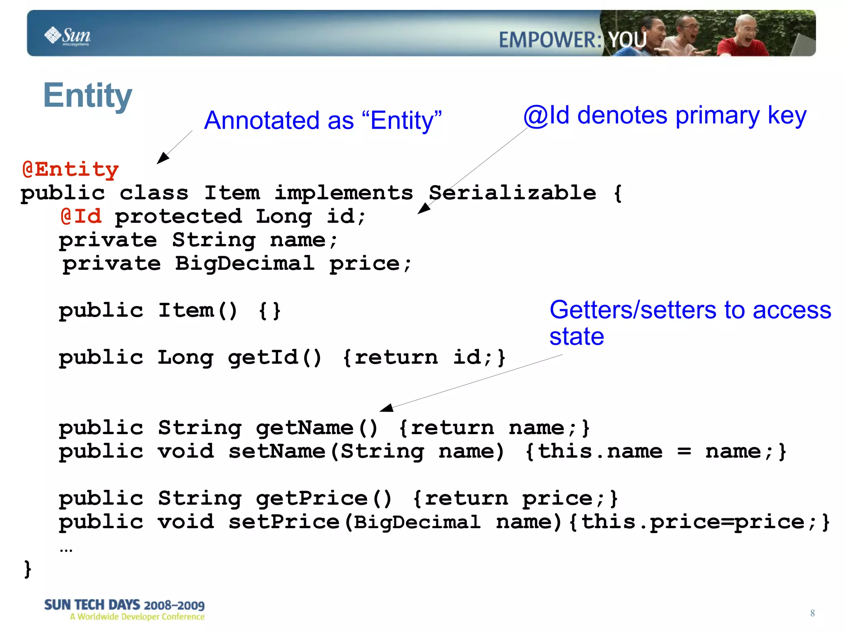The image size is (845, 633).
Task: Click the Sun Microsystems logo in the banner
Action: click(68, 36)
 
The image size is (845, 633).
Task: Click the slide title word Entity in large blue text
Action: click(87, 96)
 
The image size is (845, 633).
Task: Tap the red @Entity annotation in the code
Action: click(71, 169)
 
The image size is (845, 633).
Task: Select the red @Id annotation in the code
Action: click(81, 216)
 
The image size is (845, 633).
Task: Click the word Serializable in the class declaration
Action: click(512, 193)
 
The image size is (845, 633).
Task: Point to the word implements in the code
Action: click(344, 193)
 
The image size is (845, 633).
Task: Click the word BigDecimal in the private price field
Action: click(245, 263)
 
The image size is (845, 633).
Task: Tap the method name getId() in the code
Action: click(274, 357)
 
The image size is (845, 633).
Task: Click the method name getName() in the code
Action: click(316, 428)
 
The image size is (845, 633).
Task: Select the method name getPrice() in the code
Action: click(324, 498)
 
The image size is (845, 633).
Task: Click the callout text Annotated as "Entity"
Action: click(323, 120)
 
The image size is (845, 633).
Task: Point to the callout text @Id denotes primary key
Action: click(665, 115)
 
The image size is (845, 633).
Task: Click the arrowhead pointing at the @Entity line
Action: click(162, 158)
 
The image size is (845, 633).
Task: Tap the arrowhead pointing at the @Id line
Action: click(423, 208)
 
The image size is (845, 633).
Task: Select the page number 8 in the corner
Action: click(812, 613)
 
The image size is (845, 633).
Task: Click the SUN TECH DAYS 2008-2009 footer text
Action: click(124, 605)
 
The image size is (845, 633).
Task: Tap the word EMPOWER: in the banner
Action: click(550, 40)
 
